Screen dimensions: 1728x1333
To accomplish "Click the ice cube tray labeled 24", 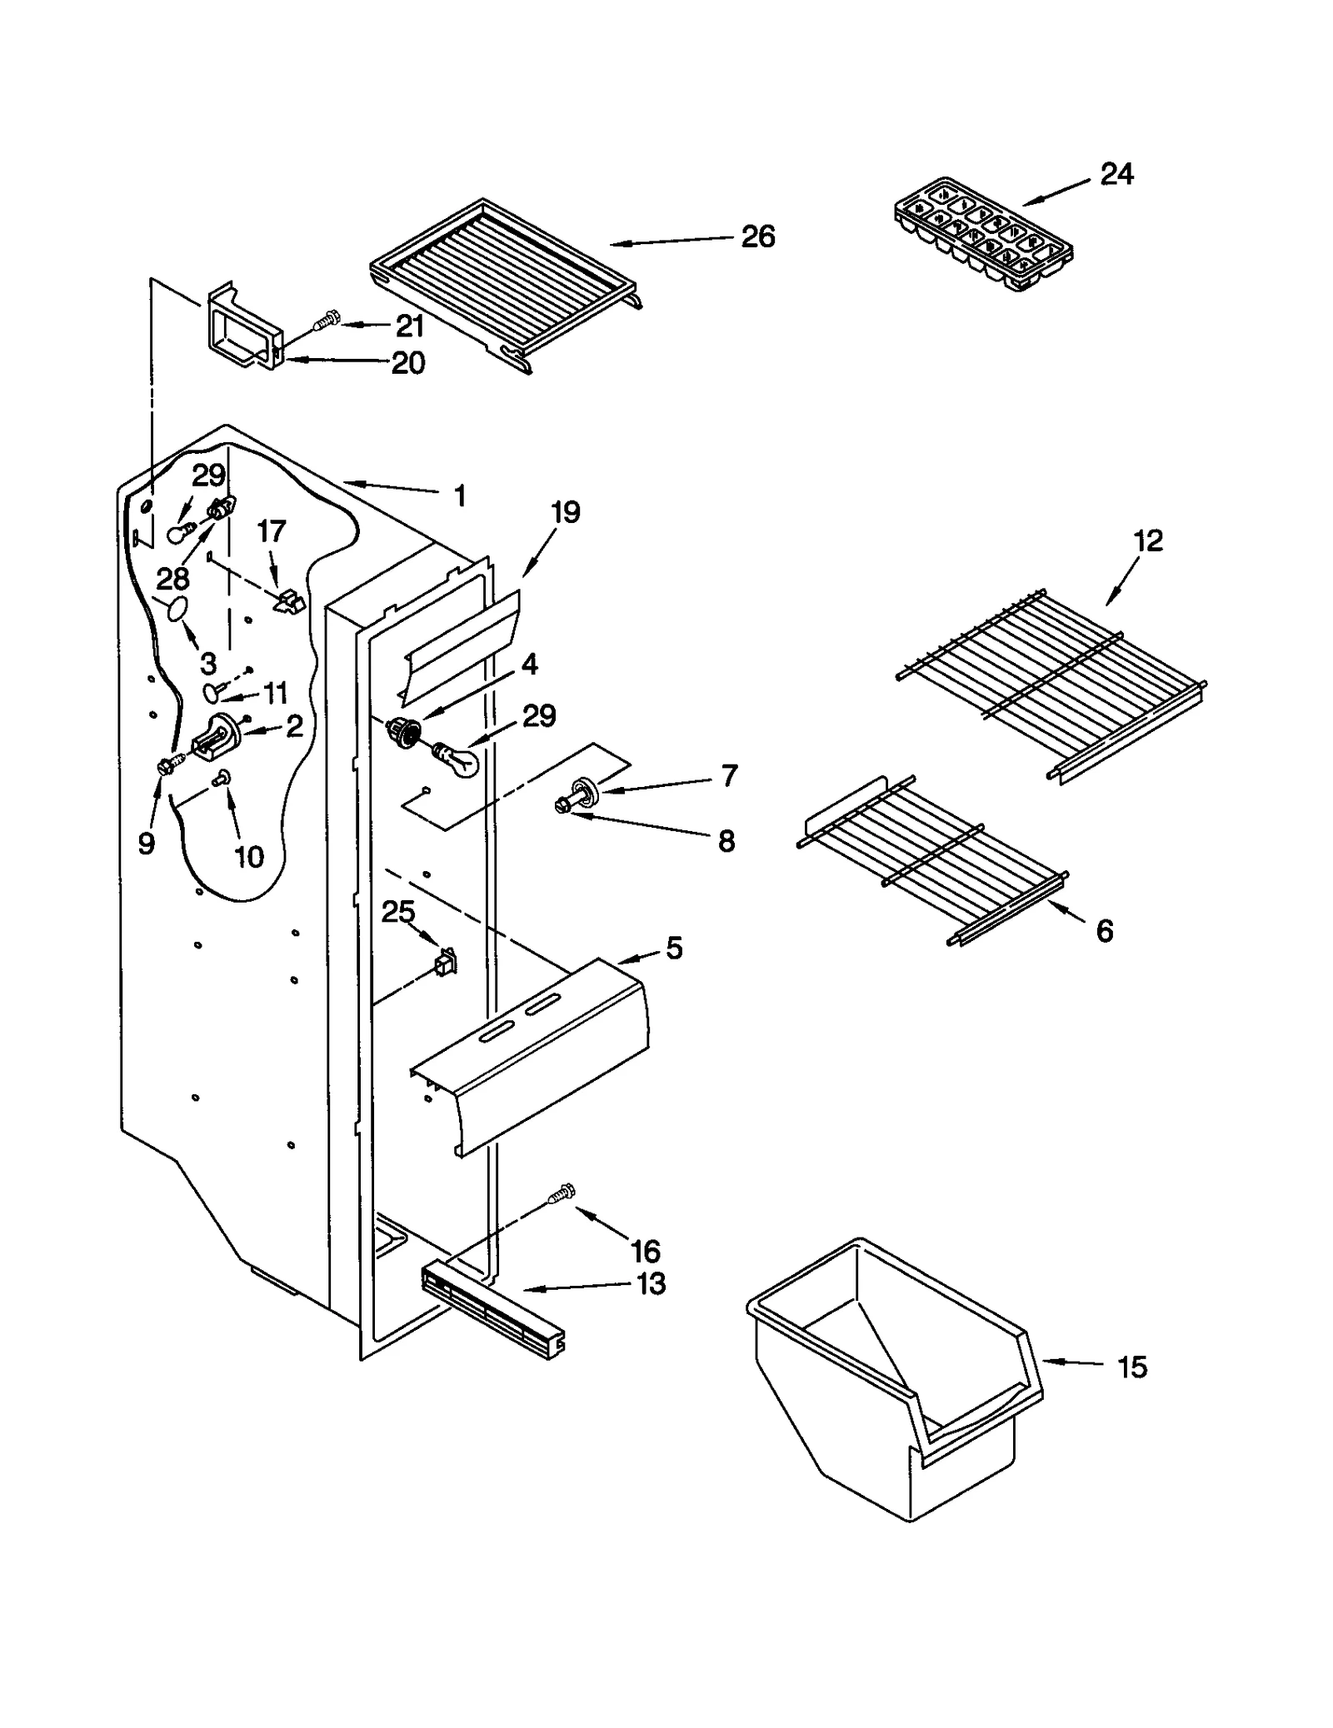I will (x=983, y=233).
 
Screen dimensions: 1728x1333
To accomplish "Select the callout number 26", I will (x=757, y=237).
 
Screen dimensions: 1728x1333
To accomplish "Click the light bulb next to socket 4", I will (x=455, y=758).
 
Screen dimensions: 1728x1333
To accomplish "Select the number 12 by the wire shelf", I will (x=1147, y=540).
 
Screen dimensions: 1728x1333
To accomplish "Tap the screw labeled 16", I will (x=562, y=1196).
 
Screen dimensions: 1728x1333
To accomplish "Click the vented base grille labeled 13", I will (x=492, y=1311).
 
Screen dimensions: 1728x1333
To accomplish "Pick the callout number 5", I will (x=674, y=948).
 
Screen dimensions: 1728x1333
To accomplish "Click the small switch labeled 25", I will (x=446, y=963).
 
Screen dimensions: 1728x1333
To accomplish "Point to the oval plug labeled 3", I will (x=175, y=610).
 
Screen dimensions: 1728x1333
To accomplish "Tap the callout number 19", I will (x=566, y=512).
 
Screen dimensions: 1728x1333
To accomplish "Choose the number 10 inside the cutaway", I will (x=248, y=856).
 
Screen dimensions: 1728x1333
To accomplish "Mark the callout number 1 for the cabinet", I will (x=460, y=496).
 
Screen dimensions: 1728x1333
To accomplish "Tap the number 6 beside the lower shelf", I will (x=1105, y=930).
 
